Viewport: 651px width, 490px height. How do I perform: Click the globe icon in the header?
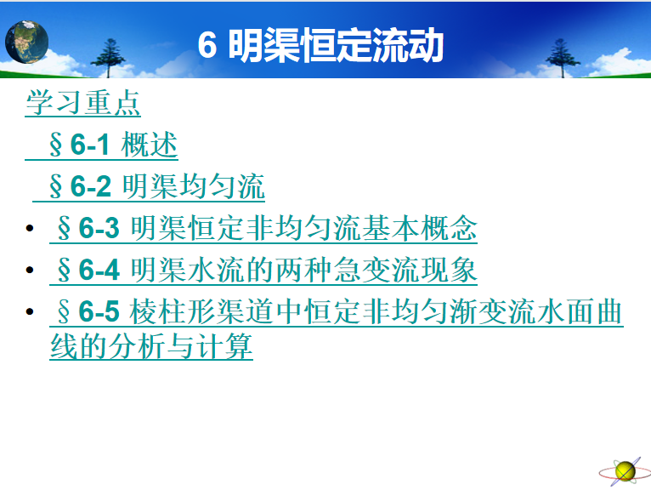(26, 42)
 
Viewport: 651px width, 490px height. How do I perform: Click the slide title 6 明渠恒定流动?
(320, 45)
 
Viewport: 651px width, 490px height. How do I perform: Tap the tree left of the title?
(108, 58)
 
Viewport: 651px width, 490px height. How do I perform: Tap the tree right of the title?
(562, 58)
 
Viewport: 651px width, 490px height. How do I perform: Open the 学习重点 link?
(83, 102)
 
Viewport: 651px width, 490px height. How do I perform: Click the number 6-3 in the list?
(99, 228)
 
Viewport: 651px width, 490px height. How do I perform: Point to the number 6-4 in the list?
(99, 270)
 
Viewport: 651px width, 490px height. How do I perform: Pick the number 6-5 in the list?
(99, 311)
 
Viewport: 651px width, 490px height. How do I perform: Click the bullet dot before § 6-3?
(30, 228)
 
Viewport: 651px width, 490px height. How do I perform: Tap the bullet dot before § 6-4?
(30, 270)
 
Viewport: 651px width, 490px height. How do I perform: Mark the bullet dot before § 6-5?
(30, 311)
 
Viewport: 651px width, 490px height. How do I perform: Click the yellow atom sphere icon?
(626, 472)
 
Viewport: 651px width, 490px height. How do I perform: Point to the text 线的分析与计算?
(151, 346)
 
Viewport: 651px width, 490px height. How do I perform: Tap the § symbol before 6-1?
(55, 145)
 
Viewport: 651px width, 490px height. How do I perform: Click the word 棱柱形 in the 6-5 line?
(172, 311)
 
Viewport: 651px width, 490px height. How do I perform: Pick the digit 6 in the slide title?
(207, 45)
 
